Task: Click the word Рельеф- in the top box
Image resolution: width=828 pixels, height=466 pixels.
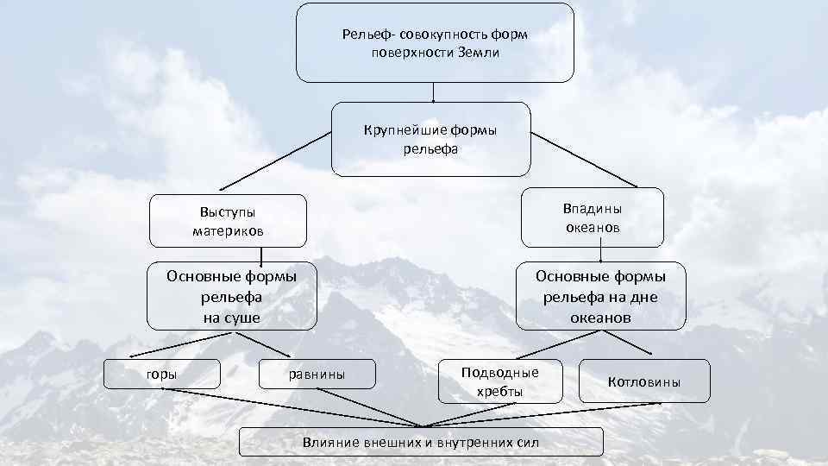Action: click(x=367, y=35)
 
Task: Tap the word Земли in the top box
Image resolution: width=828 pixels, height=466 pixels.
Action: click(x=480, y=52)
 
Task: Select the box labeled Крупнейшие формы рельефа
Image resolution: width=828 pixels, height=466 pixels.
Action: click(x=431, y=139)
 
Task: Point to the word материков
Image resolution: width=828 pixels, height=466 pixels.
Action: click(x=229, y=231)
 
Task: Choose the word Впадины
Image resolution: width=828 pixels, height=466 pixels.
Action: click(x=593, y=209)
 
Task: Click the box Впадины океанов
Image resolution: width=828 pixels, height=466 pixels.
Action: click(x=592, y=218)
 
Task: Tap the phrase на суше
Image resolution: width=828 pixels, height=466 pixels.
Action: click(x=231, y=318)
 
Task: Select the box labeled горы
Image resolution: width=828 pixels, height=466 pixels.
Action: click(x=162, y=374)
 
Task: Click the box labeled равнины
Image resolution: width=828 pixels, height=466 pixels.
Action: click(x=317, y=374)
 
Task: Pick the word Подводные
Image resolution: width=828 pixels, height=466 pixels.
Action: click(x=500, y=373)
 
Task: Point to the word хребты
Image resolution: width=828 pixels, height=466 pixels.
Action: click(x=500, y=391)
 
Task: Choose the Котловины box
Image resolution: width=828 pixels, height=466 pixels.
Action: click(x=644, y=381)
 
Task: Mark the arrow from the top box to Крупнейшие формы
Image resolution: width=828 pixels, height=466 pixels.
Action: click(x=432, y=91)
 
